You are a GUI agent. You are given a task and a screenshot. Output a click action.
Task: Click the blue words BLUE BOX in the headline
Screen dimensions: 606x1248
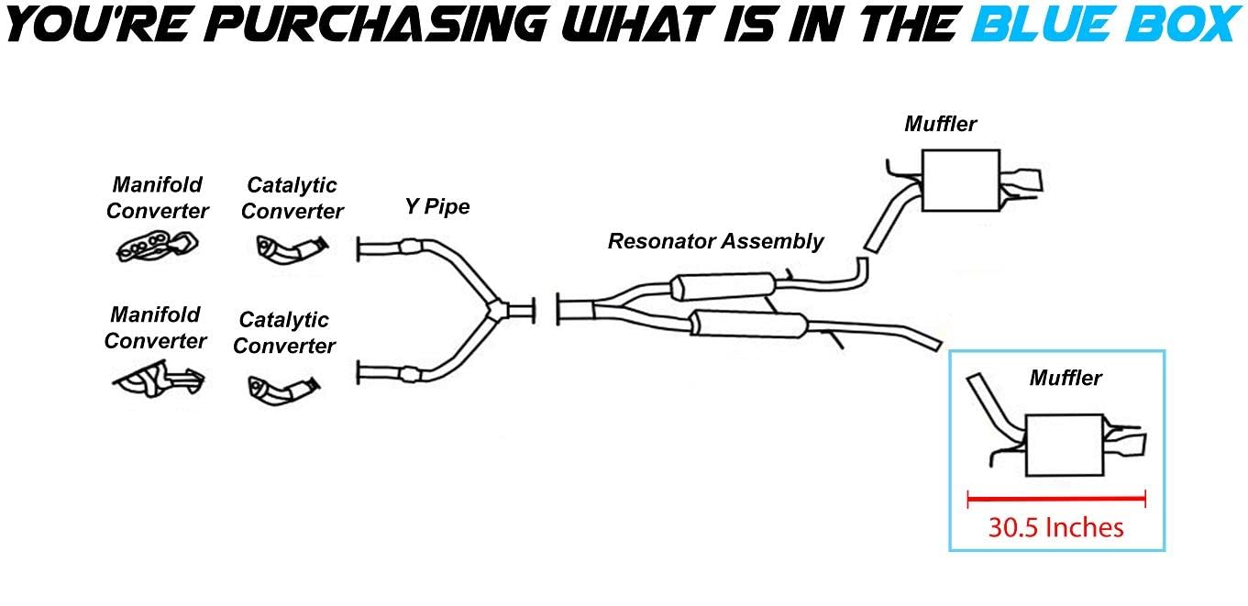coord(1104,25)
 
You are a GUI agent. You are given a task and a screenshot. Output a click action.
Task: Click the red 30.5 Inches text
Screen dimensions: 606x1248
coord(1055,527)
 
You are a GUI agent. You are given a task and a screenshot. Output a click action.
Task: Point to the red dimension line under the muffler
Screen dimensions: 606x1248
coord(1056,498)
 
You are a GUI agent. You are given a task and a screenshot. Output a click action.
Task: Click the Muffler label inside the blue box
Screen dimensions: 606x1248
coord(1065,377)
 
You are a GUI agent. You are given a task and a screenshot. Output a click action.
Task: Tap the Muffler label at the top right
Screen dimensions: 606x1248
coord(940,124)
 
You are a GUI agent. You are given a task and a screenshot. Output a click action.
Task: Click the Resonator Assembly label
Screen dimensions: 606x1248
coord(715,241)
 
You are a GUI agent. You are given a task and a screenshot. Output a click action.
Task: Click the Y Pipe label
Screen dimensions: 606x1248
coord(437,206)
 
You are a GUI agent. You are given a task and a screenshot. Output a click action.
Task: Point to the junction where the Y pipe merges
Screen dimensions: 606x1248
coord(495,309)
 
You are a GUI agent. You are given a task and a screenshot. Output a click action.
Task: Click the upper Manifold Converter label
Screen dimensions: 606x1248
coord(158,198)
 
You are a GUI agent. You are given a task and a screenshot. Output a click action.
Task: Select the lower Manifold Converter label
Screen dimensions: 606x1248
coord(155,328)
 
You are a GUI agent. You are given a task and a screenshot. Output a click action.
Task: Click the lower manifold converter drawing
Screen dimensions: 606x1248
coord(157,376)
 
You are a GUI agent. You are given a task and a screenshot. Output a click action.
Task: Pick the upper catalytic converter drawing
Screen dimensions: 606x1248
coord(290,248)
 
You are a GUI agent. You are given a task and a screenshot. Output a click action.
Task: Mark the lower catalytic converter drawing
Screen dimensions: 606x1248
coord(284,388)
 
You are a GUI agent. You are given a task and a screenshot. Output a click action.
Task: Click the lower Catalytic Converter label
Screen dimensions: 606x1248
coord(284,333)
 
